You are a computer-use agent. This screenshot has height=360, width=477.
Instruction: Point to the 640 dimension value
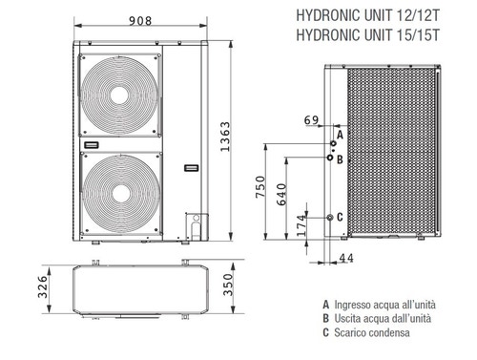[x=280, y=195]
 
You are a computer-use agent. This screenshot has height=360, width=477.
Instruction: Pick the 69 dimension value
[x=311, y=120]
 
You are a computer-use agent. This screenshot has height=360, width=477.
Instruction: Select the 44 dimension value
[x=345, y=259]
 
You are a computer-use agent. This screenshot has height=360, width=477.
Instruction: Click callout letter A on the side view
[x=340, y=138]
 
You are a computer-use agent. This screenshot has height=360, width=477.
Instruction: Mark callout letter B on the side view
[x=340, y=159]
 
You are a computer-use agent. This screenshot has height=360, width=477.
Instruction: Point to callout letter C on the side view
[x=340, y=218]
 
